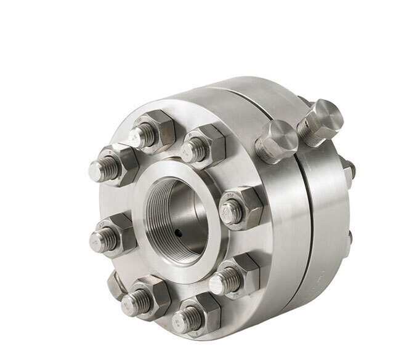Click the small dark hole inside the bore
click(x=178, y=233)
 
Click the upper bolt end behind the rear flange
click(x=349, y=169)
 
